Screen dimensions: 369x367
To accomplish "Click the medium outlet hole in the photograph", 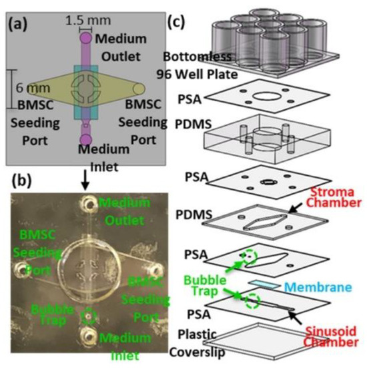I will coord(85,202).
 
